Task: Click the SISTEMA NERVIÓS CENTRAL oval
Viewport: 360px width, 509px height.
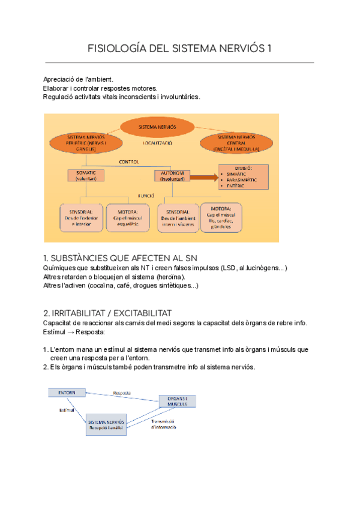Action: (238, 144)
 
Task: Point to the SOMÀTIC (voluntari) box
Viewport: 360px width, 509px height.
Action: (86, 176)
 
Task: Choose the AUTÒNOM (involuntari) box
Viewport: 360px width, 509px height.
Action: (172, 176)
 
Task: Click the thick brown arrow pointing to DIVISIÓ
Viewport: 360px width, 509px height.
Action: (205, 177)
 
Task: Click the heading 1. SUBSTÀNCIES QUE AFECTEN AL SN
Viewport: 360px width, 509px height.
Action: (121, 258)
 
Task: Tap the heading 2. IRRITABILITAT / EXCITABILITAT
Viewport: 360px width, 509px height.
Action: (107, 313)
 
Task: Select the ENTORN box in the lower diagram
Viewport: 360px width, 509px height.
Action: (67, 392)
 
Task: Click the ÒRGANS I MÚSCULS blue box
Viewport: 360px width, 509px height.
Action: (178, 401)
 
